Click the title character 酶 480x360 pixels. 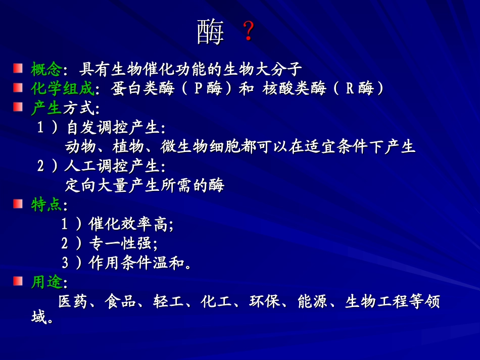[x=210, y=33]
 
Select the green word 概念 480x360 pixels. [x=46, y=68]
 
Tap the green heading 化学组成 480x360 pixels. [x=62, y=89]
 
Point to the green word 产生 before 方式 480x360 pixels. [x=46, y=108]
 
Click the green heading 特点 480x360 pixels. [x=46, y=205]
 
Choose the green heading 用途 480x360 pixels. [x=46, y=282]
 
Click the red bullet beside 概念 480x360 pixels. [x=18, y=68]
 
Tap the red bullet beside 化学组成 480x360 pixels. [x=18, y=88]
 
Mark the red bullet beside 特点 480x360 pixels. [x=18, y=204]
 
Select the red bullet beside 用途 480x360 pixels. [x=18, y=281]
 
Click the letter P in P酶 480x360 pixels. [x=198, y=89]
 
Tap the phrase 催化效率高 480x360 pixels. [x=129, y=224]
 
